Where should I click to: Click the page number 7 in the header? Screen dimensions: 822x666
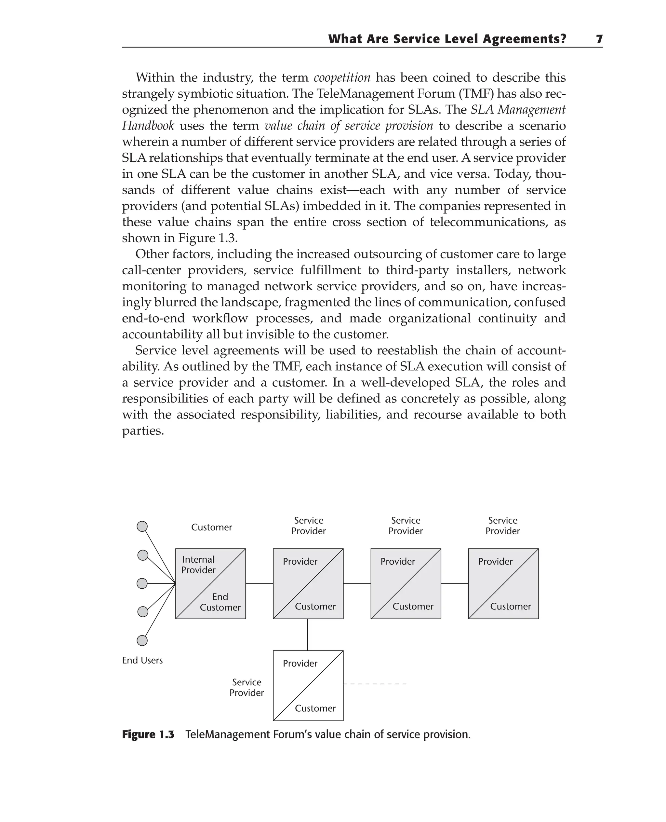click(599, 39)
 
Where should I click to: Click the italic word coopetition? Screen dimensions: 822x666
click(342, 77)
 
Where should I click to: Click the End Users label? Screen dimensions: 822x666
click(142, 660)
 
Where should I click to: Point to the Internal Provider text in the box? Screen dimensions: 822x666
click(198, 565)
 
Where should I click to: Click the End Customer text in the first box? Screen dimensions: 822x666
click(220, 602)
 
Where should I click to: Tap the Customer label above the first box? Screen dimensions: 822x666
click(211, 527)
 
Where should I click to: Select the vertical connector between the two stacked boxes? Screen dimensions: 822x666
click(307, 635)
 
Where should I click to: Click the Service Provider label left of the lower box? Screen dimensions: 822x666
click(247, 688)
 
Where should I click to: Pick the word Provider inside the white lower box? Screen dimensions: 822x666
click(300, 664)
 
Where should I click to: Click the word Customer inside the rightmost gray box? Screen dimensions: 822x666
click(510, 607)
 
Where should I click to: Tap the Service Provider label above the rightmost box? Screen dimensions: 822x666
click(502, 526)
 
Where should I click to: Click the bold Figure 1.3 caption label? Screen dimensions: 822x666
click(148, 735)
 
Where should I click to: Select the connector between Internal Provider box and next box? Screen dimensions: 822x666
click(259, 583)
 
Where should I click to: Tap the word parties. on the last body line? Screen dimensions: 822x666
click(143, 431)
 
